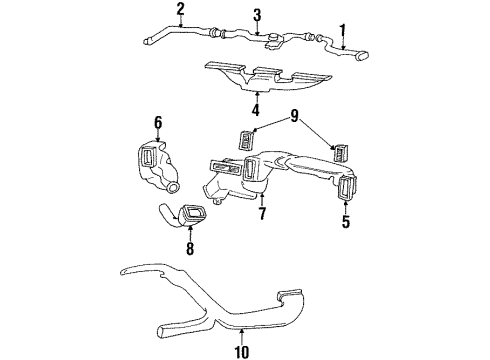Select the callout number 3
[258, 14]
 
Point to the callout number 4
[255, 110]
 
